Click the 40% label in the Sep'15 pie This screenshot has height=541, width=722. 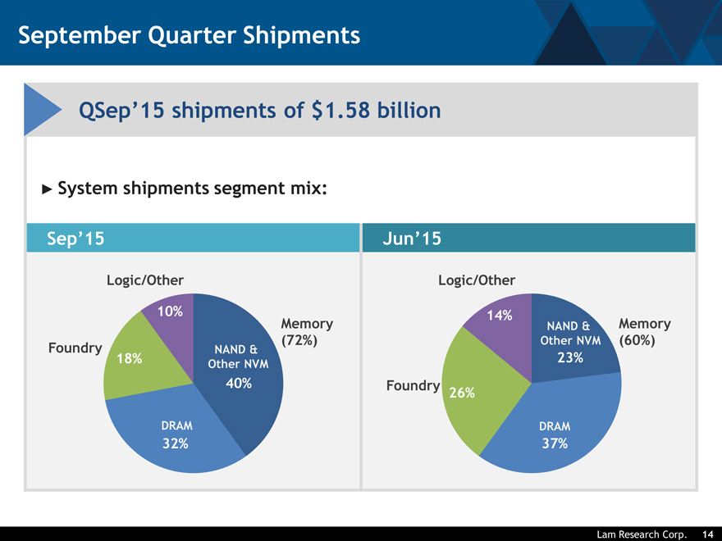pos(238,384)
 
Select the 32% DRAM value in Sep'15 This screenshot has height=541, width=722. pos(176,443)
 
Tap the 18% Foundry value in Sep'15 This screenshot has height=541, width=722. pos(130,358)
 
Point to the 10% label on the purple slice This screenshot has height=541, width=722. pos(169,311)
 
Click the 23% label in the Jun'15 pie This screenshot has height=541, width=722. pos(569,357)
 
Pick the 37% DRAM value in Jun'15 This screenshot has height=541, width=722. pos(555,443)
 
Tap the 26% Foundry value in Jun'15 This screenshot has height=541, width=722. pos(462,393)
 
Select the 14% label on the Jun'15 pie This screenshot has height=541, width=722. pos(500,316)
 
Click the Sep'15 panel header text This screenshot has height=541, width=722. pos(75,239)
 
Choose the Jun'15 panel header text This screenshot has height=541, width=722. pos(412,239)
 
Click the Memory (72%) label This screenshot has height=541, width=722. pos(307,332)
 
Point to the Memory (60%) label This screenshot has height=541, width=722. pos(645,332)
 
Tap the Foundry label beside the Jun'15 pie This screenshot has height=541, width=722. pos(413,386)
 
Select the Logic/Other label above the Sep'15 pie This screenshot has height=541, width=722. pos(145,280)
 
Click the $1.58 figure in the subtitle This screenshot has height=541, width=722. pos(339,109)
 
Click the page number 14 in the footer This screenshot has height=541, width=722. pos(707,534)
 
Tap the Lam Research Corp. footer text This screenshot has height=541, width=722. pos(641,534)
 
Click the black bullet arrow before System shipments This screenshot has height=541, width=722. pos(47,189)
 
